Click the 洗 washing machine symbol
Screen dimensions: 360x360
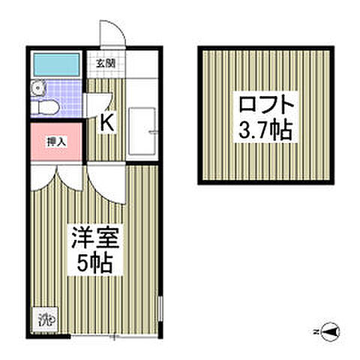[x=43, y=318]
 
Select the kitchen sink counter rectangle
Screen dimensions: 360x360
[x=142, y=131]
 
